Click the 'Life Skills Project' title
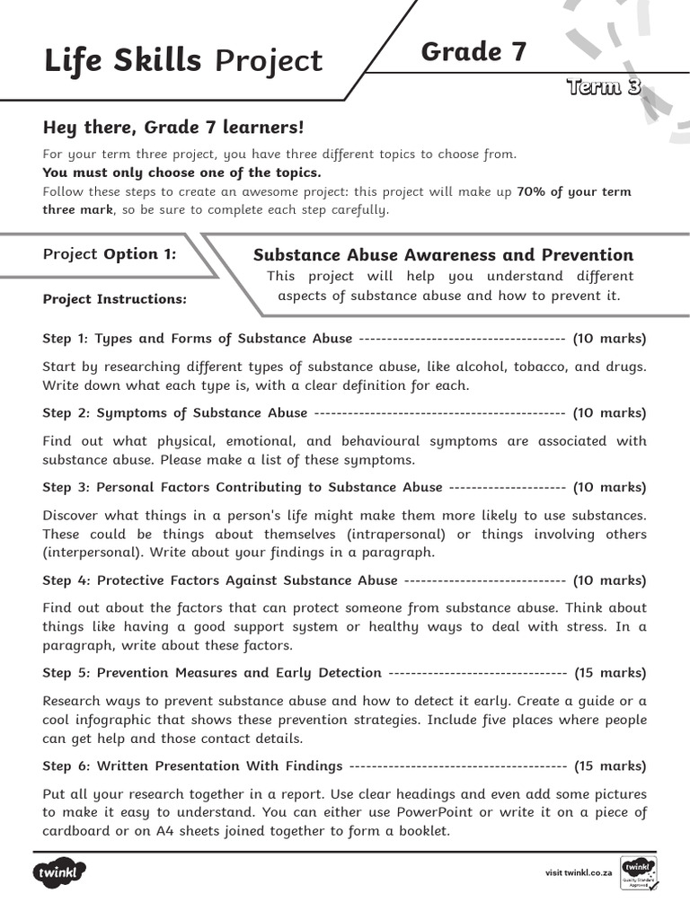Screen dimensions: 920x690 pyautogui.click(x=182, y=60)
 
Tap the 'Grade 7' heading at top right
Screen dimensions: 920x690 pyautogui.click(x=474, y=52)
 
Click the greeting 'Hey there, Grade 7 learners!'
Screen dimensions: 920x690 pyautogui.click(x=174, y=128)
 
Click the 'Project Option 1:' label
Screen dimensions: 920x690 pyautogui.click(x=110, y=254)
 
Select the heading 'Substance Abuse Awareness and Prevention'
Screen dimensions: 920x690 pyautogui.click(x=443, y=254)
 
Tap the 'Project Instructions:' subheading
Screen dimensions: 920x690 pyautogui.click(x=115, y=299)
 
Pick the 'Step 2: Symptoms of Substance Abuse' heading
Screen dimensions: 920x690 pyautogui.click(x=175, y=413)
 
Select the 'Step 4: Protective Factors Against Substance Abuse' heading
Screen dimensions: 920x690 pyautogui.click(x=220, y=580)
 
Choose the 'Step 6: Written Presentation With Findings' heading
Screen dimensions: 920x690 pyautogui.click(x=192, y=766)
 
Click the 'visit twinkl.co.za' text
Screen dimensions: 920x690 pyautogui.click(x=579, y=873)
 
